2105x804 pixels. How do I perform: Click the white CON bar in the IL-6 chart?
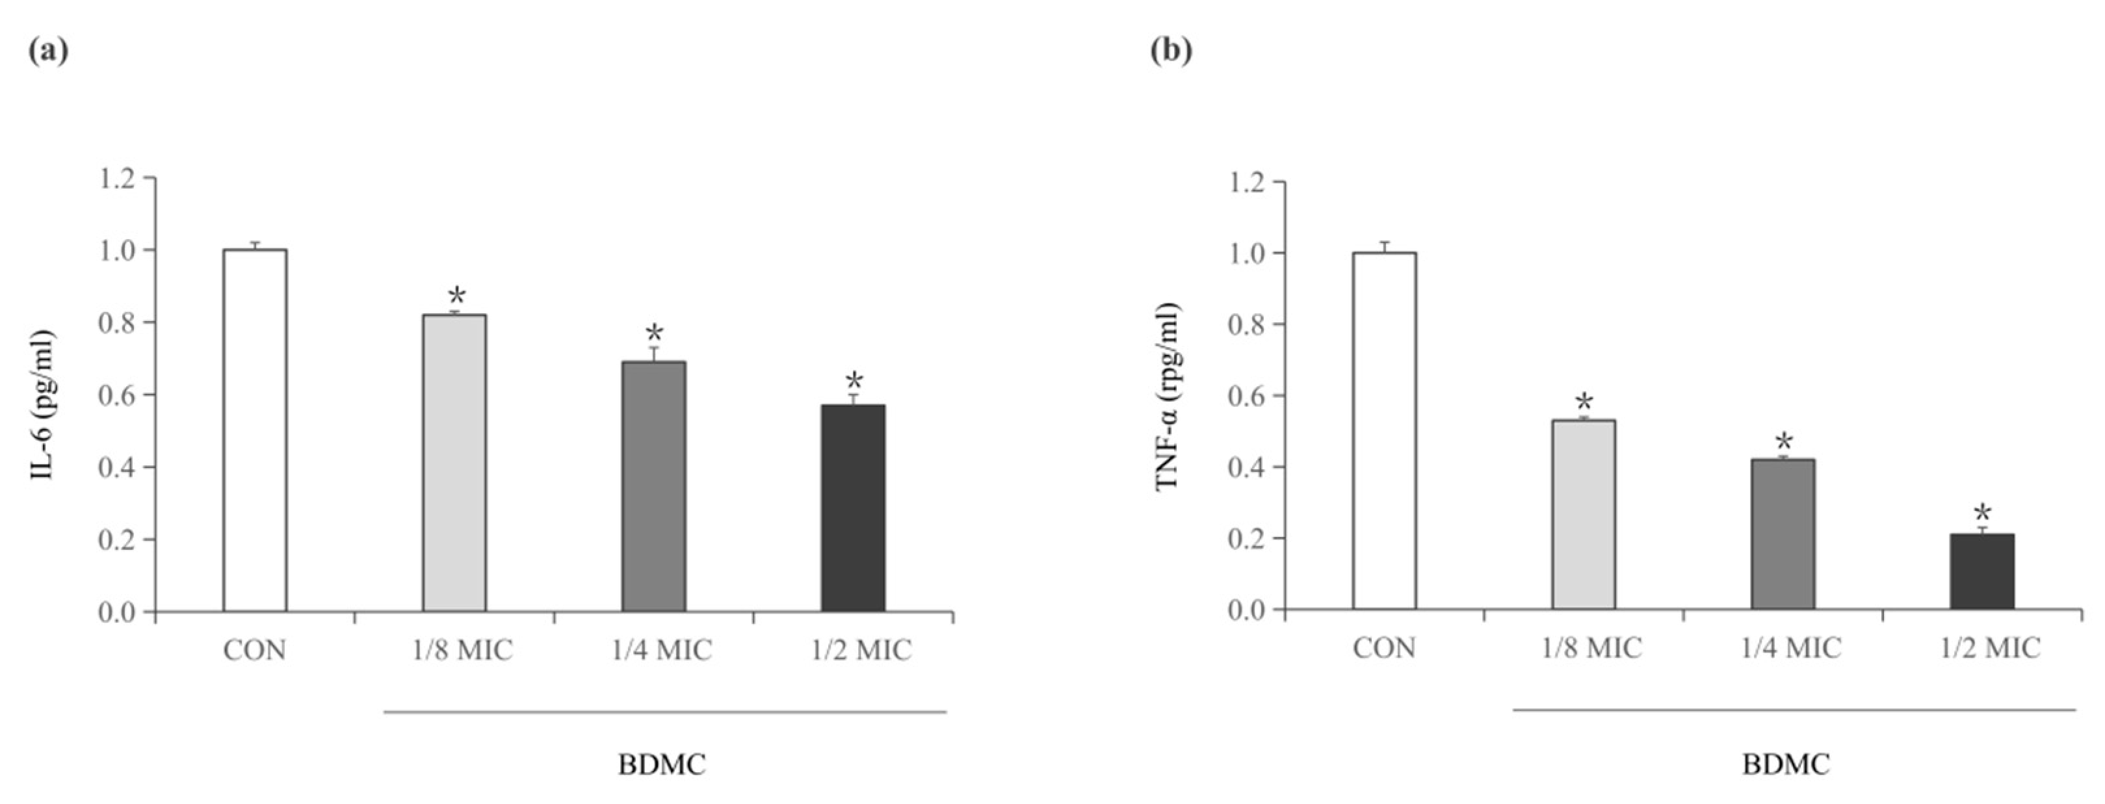point(255,430)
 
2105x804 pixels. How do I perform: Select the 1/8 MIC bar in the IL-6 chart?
point(454,463)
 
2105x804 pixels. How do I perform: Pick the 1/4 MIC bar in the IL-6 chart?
point(654,487)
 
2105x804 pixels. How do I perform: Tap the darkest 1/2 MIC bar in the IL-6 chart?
point(853,508)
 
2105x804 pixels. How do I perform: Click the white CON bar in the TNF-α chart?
point(1384,432)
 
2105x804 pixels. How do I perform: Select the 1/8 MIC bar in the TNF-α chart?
point(1584,515)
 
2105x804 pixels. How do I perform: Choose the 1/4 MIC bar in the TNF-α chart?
point(1783,534)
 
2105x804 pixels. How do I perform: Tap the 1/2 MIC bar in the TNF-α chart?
point(1982,572)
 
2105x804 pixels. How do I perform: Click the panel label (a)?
point(48,51)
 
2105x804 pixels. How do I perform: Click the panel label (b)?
point(1171,51)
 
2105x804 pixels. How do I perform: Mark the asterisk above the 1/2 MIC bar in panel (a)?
point(854,381)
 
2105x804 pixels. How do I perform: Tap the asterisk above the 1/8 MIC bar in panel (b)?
point(1584,402)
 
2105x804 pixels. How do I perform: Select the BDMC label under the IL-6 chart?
point(662,766)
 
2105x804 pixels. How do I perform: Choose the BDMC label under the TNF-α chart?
point(1786,766)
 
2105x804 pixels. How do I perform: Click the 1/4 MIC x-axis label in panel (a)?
point(662,651)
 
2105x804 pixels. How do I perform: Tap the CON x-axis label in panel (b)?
point(1384,648)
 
